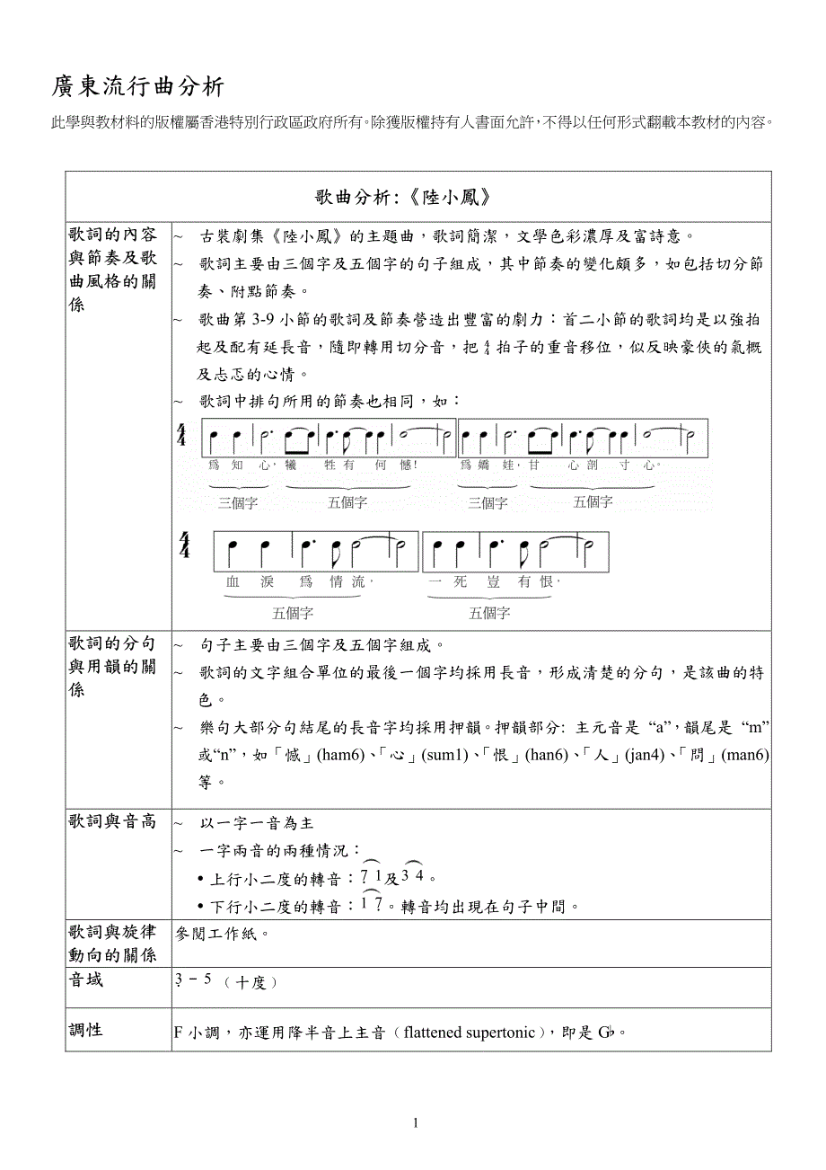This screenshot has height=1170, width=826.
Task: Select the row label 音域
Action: pyautogui.click(x=86, y=979)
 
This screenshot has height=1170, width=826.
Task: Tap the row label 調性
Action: pyautogui.click(x=86, y=1030)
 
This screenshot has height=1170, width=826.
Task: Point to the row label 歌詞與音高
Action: pyautogui.click(x=112, y=821)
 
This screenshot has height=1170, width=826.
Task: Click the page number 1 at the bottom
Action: pyautogui.click(x=416, y=1122)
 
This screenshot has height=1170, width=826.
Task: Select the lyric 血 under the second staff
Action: pyautogui.click(x=233, y=581)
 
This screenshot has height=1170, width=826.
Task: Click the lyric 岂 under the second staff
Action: pyautogui.click(x=493, y=581)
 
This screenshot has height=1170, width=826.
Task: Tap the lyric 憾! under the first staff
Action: pyautogui.click(x=409, y=465)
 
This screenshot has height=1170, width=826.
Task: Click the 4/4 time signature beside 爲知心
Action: pyautogui.click(x=182, y=438)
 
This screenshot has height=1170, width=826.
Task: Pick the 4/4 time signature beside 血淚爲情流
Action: pyautogui.click(x=184, y=545)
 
